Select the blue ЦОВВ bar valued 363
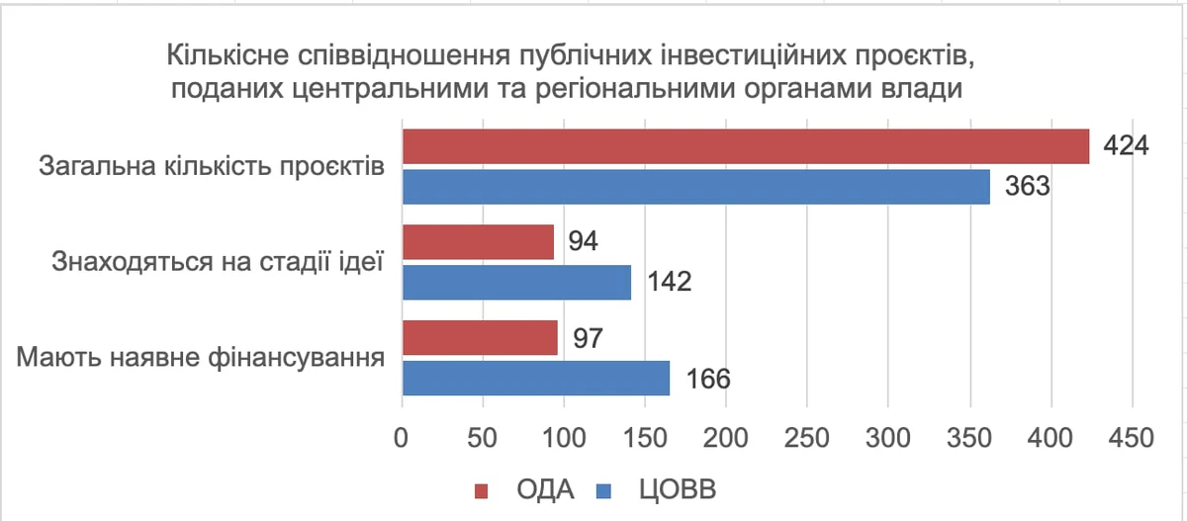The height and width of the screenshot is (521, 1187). point(695,186)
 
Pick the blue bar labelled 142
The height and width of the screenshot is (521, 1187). point(515,282)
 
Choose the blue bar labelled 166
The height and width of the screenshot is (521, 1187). point(535,378)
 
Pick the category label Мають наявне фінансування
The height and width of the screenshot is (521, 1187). point(201,357)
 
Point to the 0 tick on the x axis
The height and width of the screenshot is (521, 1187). point(401,437)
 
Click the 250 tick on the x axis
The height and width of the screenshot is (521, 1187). point(807,437)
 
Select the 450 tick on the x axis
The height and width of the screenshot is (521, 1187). point(1132,437)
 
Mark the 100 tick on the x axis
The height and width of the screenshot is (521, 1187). point(564,437)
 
